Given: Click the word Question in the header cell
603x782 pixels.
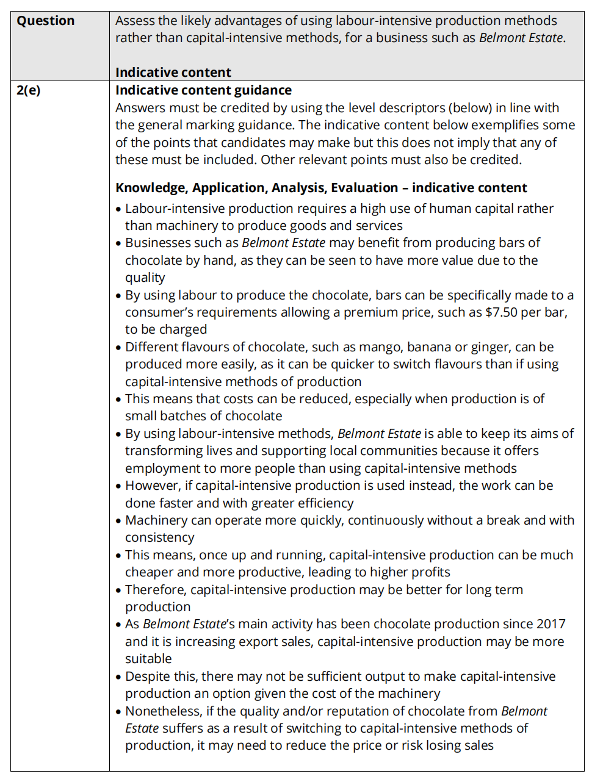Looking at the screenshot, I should point(45,21).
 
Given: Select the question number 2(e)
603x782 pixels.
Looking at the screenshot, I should point(28,90).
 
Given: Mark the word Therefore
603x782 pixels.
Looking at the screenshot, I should point(155,590).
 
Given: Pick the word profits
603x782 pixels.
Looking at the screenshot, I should point(429,572).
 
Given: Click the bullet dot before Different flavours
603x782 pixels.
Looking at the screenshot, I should point(118,348).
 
